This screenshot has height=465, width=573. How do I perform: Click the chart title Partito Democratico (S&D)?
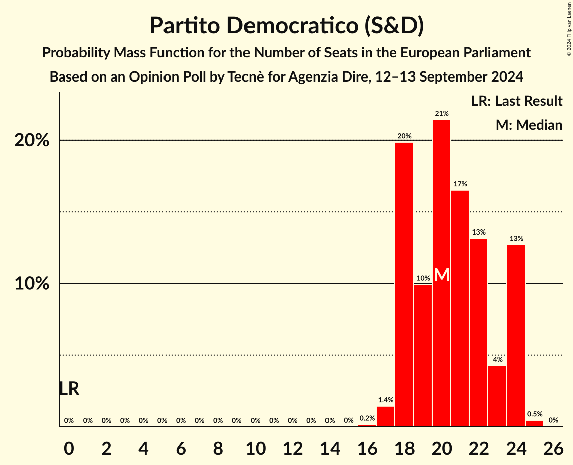pyautogui.click(x=286, y=26)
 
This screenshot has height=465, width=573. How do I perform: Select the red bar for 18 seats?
pyautogui.click(x=404, y=284)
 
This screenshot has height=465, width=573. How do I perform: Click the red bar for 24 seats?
pyautogui.click(x=516, y=336)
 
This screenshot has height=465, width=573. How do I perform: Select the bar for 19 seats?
pyautogui.click(x=423, y=355)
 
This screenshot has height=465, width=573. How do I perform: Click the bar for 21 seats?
pyautogui.click(x=460, y=308)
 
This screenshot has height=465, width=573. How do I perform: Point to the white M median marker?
pyautogui.click(x=441, y=275)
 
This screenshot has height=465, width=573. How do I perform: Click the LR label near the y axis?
pyautogui.click(x=69, y=389)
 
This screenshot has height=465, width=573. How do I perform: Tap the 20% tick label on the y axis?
pyautogui.click(x=32, y=141)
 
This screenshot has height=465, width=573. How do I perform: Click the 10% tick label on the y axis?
pyautogui.click(x=32, y=284)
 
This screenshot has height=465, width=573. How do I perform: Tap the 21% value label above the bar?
pyautogui.click(x=442, y=114)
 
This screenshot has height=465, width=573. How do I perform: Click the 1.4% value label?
pyautogui.click(x=385, y=400)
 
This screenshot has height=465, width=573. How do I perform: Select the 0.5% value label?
pyautogui.click(x=534, y=414)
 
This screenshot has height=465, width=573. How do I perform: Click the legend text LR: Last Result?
pyautogui.click(x=517, y=101)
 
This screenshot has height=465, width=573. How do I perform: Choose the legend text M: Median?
pyautogui.click(x=529, y=125)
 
